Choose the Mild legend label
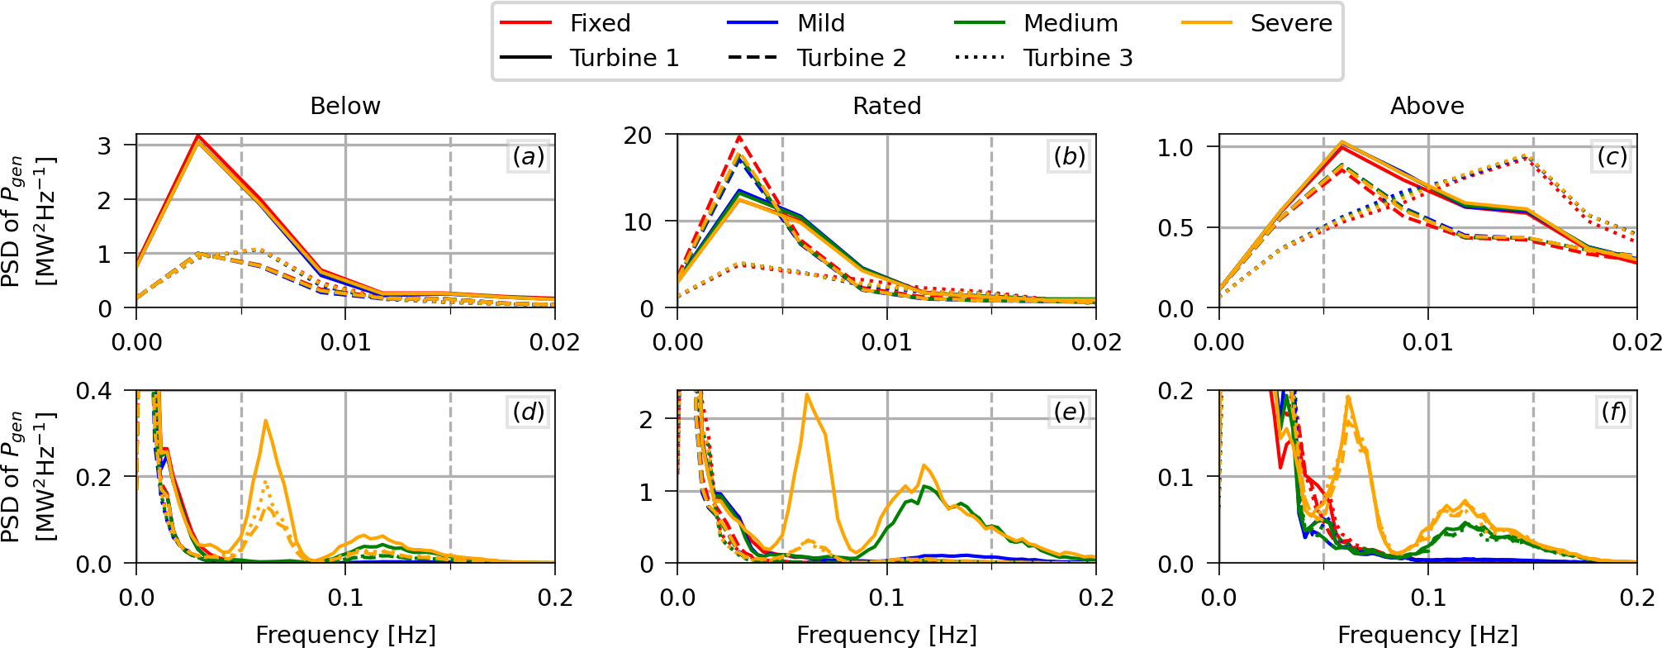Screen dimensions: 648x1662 point(820,23)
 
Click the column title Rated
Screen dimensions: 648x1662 point(886,106)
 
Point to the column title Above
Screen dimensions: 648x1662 point(1427,106)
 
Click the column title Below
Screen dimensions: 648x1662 point(345,106)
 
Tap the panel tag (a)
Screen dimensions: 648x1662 point(528,156)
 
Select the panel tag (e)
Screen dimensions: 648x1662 point(1069,412)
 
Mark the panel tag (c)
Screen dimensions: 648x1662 point(1611,156)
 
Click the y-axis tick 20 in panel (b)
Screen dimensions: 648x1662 point(638,136)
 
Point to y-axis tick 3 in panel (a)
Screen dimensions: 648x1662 point(105,145)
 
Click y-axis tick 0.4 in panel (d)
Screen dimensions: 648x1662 point(93,390)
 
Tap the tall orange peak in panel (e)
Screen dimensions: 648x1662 point(807,395)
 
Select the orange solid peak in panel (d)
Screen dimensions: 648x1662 point(265,421)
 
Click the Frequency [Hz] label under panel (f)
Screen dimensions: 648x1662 point(1427,635)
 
